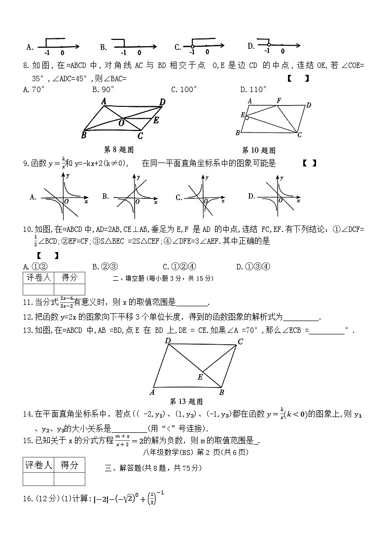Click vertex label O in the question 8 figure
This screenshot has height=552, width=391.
click(x=121, y=124)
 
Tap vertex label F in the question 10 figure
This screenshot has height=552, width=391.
click(x=279, y=100)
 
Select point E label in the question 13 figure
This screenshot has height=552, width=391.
click(x=200, y=377)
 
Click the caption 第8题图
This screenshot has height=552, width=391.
click(x=119, y=150)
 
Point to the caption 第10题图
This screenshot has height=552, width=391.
click(x=258, y=150)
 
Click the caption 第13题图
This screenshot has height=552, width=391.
click(x=186, y=401)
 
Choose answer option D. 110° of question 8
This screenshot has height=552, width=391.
click(x=253, y=89)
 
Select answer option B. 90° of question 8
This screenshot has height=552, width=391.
click(x=103, y=89)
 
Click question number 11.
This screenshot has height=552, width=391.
click(x=28, y=302)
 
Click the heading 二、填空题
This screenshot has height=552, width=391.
click(x=126, y=278)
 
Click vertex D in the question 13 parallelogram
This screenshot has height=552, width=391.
click(x=168, y=341)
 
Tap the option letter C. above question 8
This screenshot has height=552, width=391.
click(x=178, y=47)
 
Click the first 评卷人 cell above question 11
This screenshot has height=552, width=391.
click(x=38, y=278)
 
